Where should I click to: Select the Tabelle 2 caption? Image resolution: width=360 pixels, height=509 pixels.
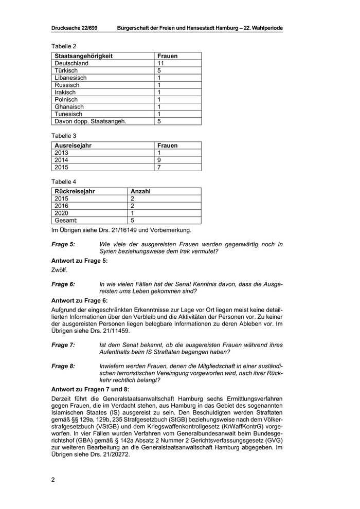[64, 46]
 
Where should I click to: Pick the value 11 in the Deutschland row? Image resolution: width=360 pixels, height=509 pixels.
[161, 63]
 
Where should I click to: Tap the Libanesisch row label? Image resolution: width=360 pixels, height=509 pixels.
[70, 78]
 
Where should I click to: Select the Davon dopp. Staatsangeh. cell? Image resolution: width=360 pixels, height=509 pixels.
[90, 121]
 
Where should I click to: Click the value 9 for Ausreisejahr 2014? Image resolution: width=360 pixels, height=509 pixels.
[159, 160]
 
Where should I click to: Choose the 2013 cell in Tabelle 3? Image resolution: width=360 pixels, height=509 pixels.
[61, 153]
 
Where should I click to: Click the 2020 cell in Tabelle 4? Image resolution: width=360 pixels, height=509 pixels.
[61, 213]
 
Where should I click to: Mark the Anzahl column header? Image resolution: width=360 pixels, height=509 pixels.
[140, 191]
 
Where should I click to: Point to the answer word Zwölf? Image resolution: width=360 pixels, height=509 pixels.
[60, 269]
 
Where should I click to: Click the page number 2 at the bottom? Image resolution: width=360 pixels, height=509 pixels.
[53, 480]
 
